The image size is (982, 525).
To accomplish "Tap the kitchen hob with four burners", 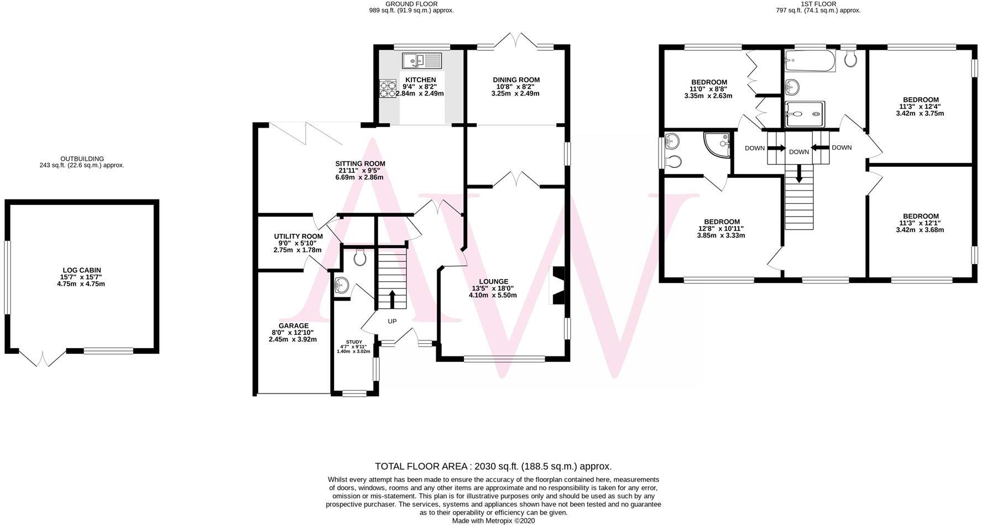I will click(388, 89).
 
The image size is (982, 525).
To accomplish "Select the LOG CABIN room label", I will click(82, 270).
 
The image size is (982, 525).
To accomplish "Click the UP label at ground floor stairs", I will click(392, 322).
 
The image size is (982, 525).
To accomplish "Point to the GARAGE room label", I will click(294, 326).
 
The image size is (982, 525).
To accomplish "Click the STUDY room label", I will click(354, 342).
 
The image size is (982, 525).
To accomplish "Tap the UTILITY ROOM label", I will click(298, 237).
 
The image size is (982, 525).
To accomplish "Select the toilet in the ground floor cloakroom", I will click(360, 257).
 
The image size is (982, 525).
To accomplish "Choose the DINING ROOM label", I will click(516, 80).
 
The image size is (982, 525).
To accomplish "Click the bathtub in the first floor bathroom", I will click(809, 62).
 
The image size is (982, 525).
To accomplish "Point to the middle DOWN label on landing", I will click(798, 152).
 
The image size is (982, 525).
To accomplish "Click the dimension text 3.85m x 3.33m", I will click(722, 235).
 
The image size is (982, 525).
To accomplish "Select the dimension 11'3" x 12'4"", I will click(920, 107).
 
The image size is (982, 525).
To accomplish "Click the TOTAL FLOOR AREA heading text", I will click(493, 466).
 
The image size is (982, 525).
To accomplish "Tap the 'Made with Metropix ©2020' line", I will click(493, 521).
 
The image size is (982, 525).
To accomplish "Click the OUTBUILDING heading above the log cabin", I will click(82, 159).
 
